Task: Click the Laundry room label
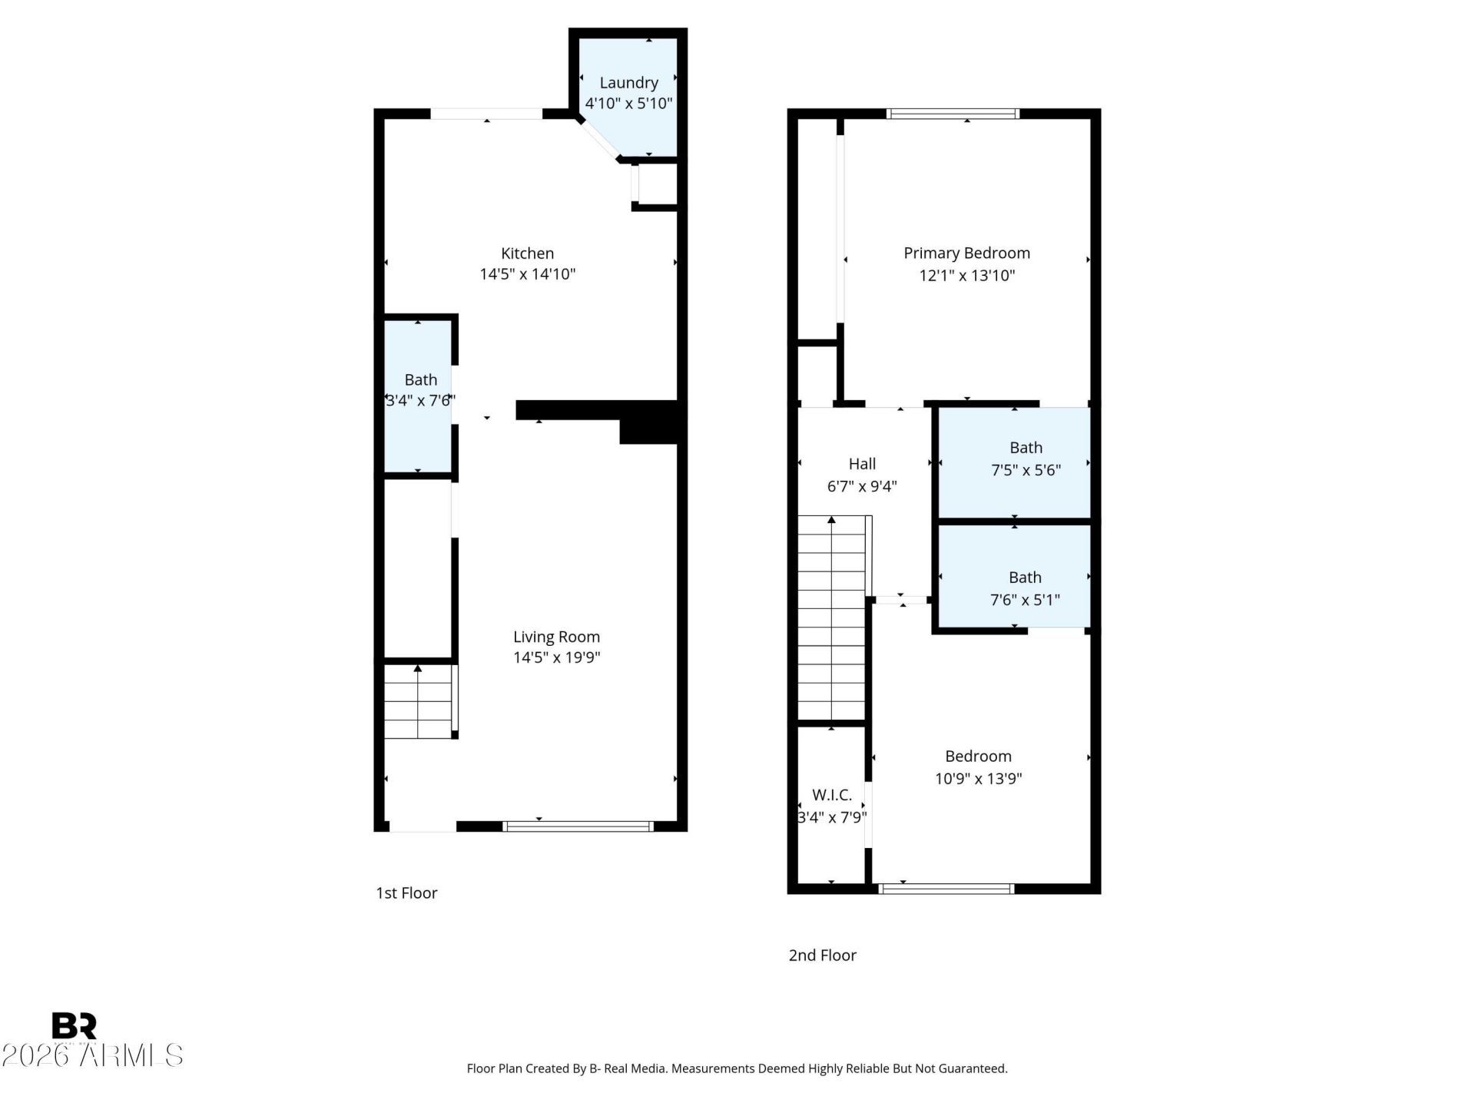[628, 83]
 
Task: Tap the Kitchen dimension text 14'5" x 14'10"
[528, 274]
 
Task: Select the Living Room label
[556, 637]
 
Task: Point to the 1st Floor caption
[406, 893]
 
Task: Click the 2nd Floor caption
[822, 955]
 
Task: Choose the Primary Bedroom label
[966, 253]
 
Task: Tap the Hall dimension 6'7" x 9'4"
[862, 486]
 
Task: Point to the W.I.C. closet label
[832, 796]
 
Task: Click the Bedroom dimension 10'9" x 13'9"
[978, 779]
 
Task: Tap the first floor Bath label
[420, 380]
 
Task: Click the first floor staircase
[419, 701]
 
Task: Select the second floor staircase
[833, 618]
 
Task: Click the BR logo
[74, 1026]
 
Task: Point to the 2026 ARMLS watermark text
[92, 1055]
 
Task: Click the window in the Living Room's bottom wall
[578, 826]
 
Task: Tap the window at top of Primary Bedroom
[953, 114]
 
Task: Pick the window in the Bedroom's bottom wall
[946, 889]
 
